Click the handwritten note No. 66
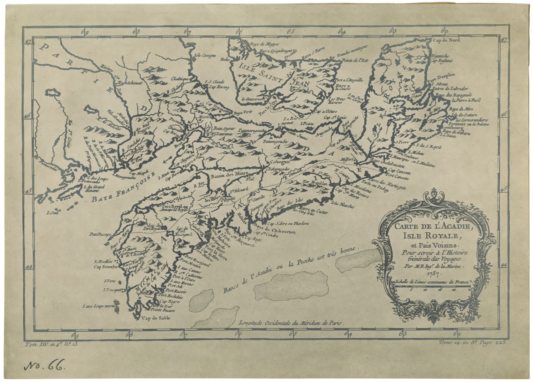coord(44,364)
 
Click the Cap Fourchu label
coord(106,267)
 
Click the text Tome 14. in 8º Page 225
coord(472,342)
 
